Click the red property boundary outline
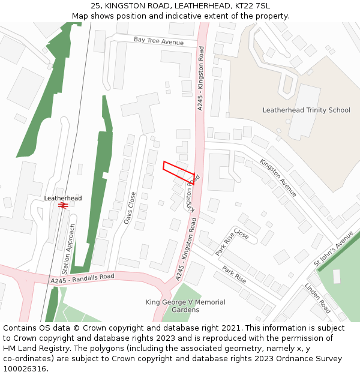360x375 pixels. tap(178, 171)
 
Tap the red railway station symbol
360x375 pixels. tap(62, 205)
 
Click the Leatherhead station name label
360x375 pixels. tap(62, 198)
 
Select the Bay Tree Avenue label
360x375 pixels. tap(158, 41)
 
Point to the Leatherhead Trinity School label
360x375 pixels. tap(306, 110)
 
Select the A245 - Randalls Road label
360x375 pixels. tap(82, 279)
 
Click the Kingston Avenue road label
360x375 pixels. tap(278, 178)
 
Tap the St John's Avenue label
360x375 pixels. tap(334, 248)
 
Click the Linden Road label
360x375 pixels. tap(317, 298)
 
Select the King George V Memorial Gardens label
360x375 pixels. tap(185, 306)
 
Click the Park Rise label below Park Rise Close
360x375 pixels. tap(234, 274)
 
